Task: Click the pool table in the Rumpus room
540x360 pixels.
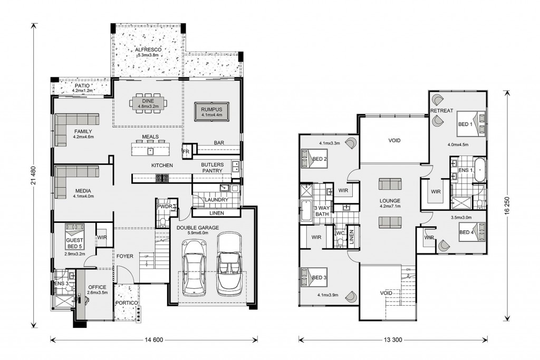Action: pos(211,112)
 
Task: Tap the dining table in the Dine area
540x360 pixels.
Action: pos(148,103)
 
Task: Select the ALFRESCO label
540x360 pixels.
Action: pos(148,50)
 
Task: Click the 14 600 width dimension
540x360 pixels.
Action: pos(153,339)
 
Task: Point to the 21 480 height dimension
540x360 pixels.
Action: pos(33,176)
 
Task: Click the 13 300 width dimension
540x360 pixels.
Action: pos(393,339)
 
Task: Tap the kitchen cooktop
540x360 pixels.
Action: pos(162,178)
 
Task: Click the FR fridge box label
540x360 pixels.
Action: pos(186,152)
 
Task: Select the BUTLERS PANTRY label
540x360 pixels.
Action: pos(213,168)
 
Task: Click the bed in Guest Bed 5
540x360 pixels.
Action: pos(75,237)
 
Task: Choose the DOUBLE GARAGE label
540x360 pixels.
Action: pos(198,228)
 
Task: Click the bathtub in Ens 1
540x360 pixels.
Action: pos(479,170)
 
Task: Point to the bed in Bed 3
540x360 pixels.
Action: pos(314,277)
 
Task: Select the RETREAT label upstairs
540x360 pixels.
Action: pos(442,111)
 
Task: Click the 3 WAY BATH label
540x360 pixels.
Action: pos(322,211)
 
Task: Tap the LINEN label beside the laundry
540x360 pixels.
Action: pos(217,213)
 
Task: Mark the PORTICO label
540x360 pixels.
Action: pos(127,303)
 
